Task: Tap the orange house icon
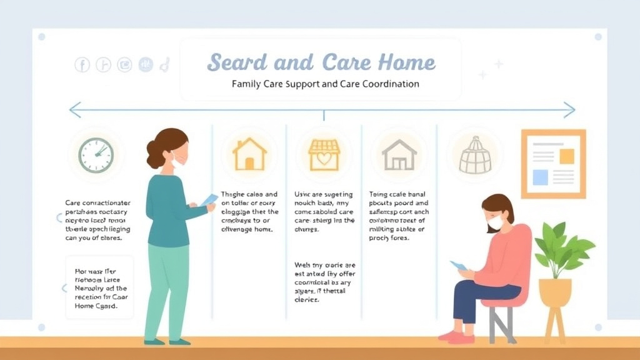pos(249,154)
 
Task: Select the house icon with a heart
pos(324,154)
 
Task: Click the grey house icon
pos(399,155)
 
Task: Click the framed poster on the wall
pos(553,164)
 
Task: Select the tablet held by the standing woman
pos(209,199)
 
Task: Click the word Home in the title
pos(406,62)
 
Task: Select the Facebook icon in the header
pos(82,64)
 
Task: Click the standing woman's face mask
pos(179,160)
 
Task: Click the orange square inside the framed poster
pos(566,156)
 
